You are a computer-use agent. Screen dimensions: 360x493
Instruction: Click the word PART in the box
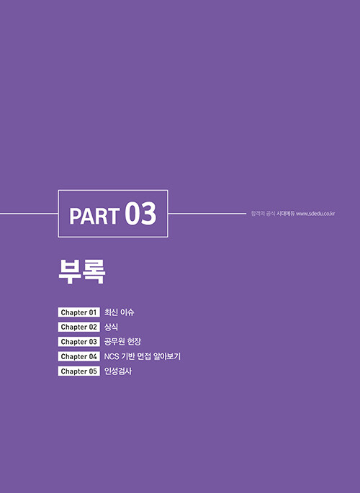click(x=94, y=216)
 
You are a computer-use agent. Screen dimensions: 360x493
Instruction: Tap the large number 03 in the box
click(x=140, y=214)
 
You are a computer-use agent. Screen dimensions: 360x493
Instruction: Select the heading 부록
click(x=82, y=271)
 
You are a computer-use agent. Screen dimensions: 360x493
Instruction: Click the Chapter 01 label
click(x=78, y=312)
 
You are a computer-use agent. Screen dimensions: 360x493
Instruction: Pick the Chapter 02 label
click(x=78, y=327)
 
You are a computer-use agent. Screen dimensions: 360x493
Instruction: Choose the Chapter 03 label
click(x=78, y=342)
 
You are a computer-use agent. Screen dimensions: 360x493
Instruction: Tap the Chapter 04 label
click(x=78, y=356)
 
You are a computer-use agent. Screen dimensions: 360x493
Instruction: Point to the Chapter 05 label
click(x=78, y=371)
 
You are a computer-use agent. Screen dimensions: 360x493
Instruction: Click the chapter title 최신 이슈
click(x=120, y=312)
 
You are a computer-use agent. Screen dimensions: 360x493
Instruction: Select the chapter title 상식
click(x=111, y=327)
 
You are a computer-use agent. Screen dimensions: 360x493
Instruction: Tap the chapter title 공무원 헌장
click(x=122, y=342)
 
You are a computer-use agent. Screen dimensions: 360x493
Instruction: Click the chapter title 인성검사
click(x=118, y=371)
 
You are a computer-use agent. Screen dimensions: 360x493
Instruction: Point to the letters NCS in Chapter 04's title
click(x=111, y=356)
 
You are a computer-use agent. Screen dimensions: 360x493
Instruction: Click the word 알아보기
click(x=167, y=356)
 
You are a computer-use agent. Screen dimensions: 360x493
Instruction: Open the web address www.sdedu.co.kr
click(x=315, y=214)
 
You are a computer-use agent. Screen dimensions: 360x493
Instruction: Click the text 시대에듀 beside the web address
click(x=286, y=214)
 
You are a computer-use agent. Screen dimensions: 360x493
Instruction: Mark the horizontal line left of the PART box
click(x=29, y=214)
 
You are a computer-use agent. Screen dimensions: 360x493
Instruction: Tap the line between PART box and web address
click(x=207, y=214)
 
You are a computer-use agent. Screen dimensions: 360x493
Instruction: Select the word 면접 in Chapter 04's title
click(x=144, y=356)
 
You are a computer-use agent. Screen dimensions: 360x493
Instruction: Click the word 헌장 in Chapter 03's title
click(x=134, y=342)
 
